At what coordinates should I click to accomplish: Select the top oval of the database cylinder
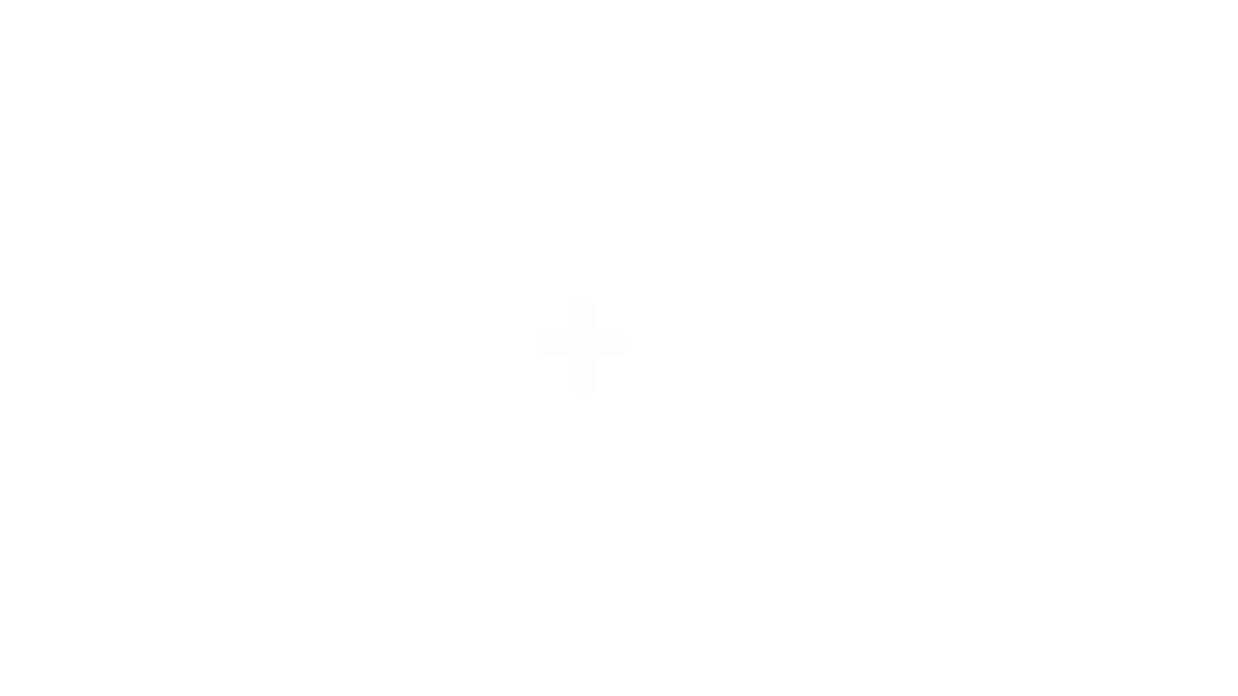tap(250, 203)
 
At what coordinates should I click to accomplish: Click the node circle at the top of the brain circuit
tap(996, 160)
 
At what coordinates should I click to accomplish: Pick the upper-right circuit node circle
tap(1128, 257)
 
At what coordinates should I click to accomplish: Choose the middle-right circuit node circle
tap(1144, 353)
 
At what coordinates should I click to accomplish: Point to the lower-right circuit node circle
tap(1128, 450)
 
